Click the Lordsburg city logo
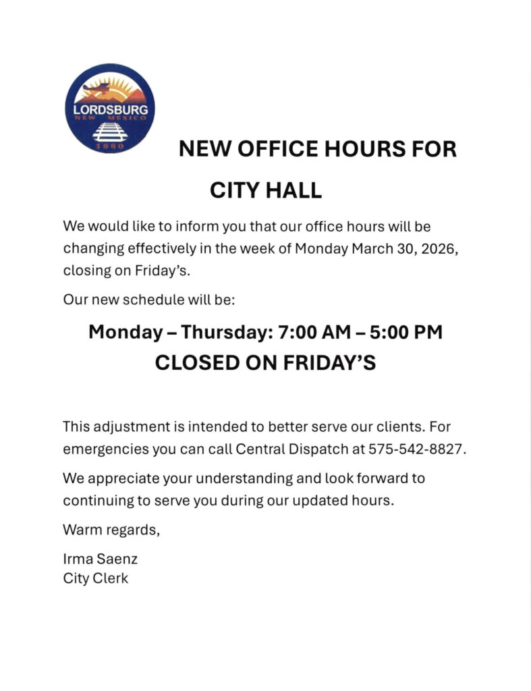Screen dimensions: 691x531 point(109,108)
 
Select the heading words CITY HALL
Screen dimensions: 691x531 point(266,191)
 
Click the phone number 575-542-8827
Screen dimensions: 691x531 point(417,449)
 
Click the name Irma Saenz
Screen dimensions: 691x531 point(100,559)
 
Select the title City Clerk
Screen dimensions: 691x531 point(95,578)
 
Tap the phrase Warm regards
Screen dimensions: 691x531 point(111,529)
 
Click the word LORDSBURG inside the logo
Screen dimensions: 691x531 point(109,109)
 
